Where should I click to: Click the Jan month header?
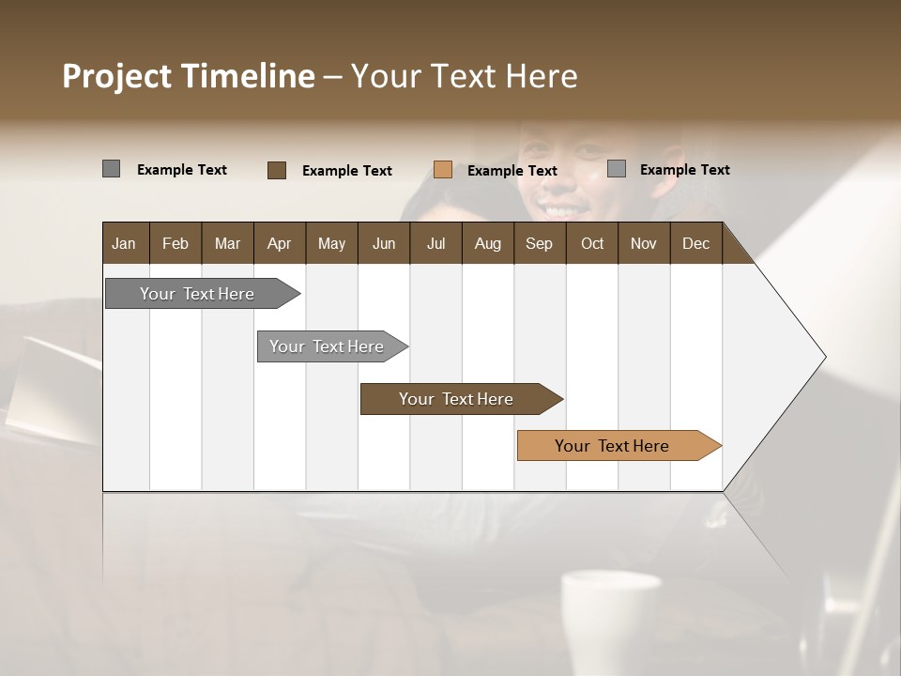point(124,243)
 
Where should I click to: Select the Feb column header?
point(176,243)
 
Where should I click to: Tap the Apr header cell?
point(279,243)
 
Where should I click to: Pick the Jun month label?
point(384,243)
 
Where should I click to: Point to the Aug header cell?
point(487,243)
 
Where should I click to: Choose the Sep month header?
point(539,243)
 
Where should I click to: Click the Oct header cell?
point(592,243)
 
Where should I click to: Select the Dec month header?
point(695,243)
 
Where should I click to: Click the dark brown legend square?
point(277,170)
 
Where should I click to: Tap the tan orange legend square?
point(443,170)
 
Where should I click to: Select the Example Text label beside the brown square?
point(346,171)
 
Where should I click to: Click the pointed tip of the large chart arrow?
point(824,357)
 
